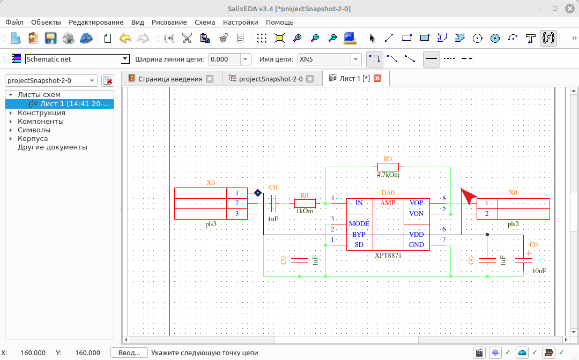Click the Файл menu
(x=14, y=22)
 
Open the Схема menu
(x=205, y=22)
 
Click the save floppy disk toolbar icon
(x=50, y=38)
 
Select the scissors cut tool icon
(x=187, y=38)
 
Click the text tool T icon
(x=531, y=38)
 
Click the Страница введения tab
(x=170, y=79)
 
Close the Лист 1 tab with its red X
(x=377, y=78)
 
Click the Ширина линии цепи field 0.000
(x=225, y=59)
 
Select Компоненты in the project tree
(x=41, y=122)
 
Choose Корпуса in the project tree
(x=33, y=138)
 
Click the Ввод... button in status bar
(x=129, y=352)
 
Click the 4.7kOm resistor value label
(x=388, y=175)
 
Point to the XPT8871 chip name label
(x=388, y=255)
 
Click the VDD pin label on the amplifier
(x=416, y=234)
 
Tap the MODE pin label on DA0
(x=359, y=223)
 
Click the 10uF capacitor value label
(x=539, y=271)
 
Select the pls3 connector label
(x=211, y=224)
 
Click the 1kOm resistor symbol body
(x=305, y=203)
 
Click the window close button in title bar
(x=569, y=9)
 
